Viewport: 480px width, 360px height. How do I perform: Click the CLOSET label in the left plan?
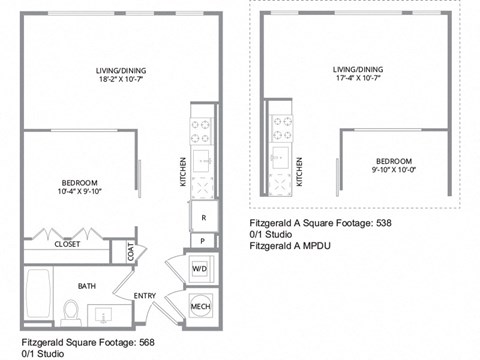point(67,243)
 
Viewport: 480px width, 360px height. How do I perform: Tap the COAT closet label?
point(131,253)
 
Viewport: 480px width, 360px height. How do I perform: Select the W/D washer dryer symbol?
point(199,268)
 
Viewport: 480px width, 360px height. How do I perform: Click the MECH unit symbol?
point(199,306)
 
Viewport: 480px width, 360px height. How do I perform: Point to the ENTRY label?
point(145,295)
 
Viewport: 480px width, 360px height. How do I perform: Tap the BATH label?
point(87,286)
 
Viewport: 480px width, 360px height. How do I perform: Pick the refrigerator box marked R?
point(203,216)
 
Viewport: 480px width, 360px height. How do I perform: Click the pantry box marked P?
point(203,240)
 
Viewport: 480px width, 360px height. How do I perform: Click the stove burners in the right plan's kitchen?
point(283,128)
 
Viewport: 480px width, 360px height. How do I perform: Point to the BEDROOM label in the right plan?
point(395,161)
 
